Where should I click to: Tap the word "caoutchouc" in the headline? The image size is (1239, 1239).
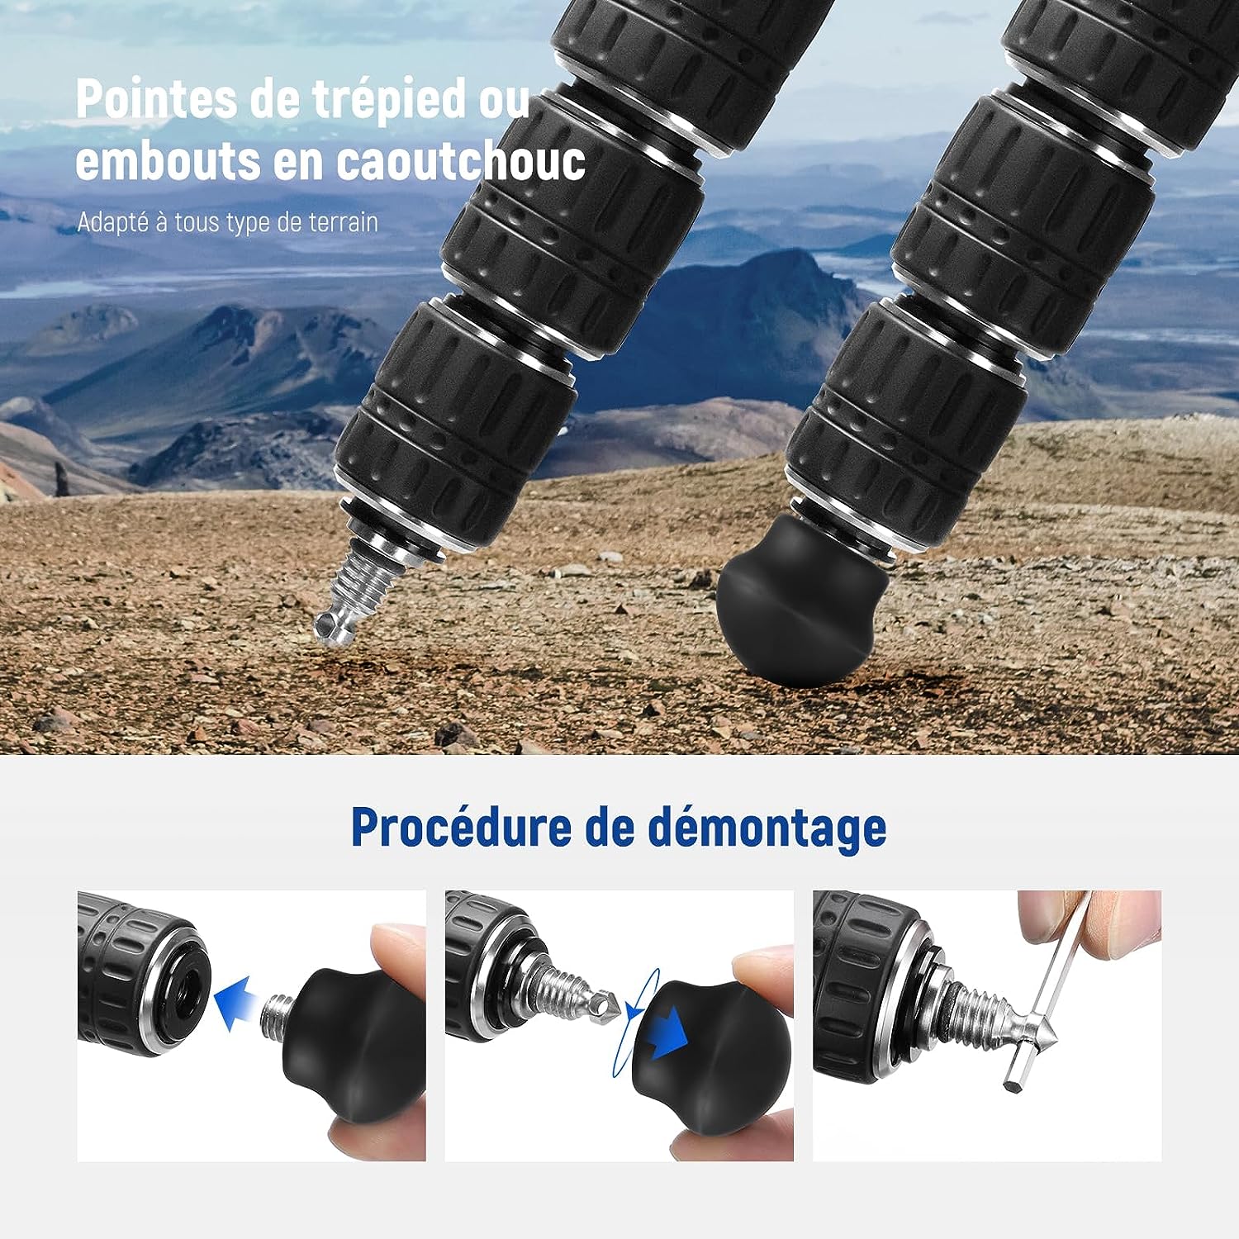tap(461, 161)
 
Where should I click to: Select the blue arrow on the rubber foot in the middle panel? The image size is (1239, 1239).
tap(667, 1030)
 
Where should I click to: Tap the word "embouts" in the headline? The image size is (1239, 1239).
tap(168, 161)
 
